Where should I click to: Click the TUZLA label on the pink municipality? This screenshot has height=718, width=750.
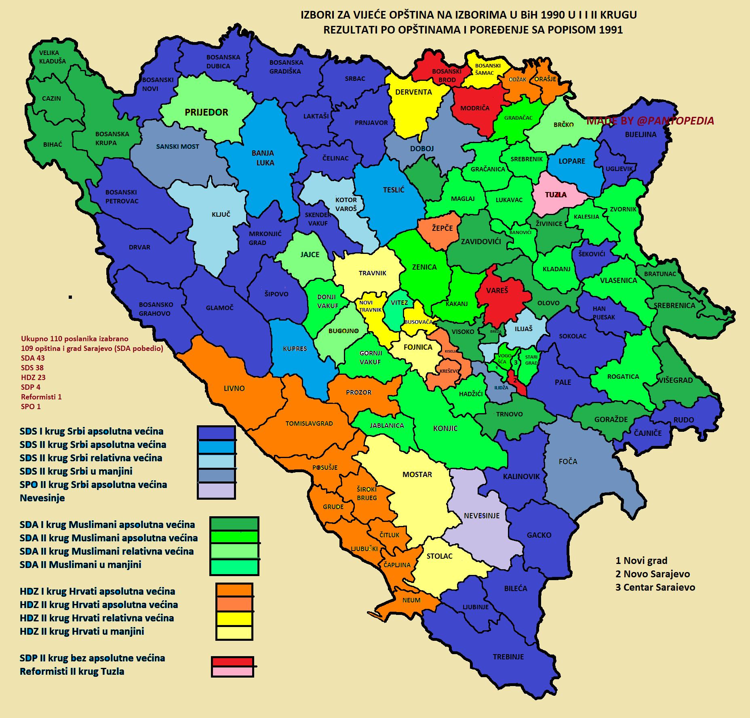tap(556, 195)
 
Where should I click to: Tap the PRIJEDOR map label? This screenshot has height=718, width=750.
tap(206, 112)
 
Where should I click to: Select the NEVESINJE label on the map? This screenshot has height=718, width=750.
tap(481, 516)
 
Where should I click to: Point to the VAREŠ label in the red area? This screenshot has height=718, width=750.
tap(497, 291)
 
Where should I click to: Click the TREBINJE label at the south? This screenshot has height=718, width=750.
tap(508, 657)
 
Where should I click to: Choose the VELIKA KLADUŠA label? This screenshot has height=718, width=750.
tap(52, 57)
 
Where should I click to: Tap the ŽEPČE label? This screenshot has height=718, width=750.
tap(442, 228)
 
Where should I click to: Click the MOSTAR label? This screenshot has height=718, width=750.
tap(417, 475)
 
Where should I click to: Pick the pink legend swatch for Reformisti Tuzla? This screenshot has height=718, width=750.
tap(232, 672)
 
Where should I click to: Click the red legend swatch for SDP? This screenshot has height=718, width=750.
tap(232, 662)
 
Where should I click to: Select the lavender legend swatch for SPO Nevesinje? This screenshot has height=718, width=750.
tap(216, 491)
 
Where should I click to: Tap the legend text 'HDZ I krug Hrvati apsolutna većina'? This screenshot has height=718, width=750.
tap(97, 591)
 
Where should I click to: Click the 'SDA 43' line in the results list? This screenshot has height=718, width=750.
tap(33, 358)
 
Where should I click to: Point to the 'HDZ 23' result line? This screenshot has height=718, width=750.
tap(33, 378)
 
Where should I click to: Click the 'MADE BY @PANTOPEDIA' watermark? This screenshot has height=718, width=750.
tap(650, 120)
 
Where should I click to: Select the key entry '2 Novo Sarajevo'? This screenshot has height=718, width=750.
tap(652, 574)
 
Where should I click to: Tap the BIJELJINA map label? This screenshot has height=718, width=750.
tap(640, 135)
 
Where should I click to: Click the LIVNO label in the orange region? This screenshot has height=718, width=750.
tap(234, 389)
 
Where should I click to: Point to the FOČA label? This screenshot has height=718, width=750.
tap(568, 462)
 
